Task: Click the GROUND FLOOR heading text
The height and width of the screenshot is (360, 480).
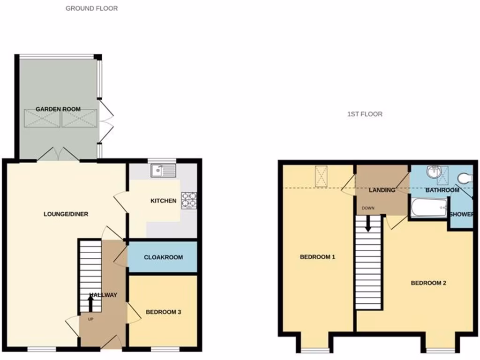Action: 91,8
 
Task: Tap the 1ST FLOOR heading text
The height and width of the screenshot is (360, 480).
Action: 365,114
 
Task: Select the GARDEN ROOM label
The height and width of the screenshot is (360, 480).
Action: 58,109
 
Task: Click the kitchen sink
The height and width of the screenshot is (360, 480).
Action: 163,171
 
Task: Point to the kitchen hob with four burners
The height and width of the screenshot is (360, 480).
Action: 188,200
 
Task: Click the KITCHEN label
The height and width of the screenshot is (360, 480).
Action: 163,201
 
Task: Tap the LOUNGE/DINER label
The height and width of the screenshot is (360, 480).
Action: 66,214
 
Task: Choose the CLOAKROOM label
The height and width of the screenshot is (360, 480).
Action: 163,257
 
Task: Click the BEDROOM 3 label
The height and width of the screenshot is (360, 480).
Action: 163,312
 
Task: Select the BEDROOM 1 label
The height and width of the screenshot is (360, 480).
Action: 317,257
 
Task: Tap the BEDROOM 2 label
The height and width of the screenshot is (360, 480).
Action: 428,283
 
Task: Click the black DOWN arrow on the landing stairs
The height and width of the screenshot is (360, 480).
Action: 368,224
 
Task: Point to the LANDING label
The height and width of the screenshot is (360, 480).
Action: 382,190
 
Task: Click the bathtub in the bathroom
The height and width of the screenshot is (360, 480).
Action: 429,208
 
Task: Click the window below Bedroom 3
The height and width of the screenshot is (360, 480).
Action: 165,349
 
